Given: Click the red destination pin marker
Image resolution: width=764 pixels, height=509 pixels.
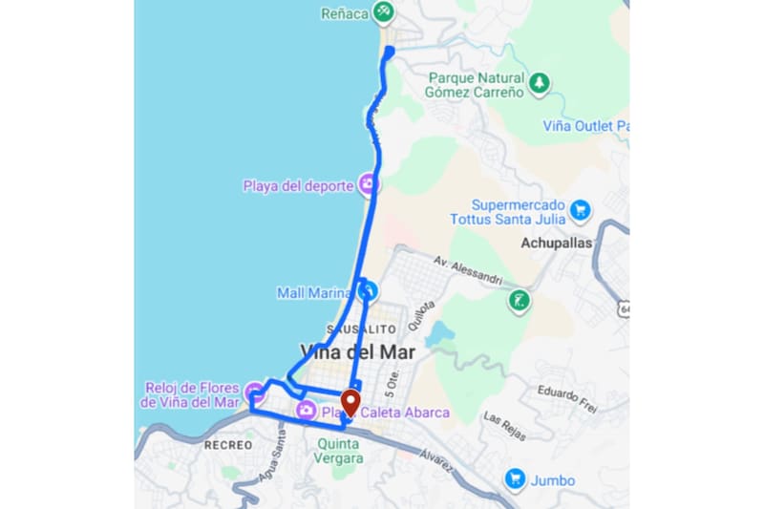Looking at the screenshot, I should tap(350, 403).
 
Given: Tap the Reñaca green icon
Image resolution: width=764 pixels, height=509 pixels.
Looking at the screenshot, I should tap(383, 12).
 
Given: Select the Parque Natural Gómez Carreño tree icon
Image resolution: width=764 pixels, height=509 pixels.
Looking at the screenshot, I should tap(540, 84).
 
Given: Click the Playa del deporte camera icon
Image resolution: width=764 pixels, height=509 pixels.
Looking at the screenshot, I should tap(368, 185).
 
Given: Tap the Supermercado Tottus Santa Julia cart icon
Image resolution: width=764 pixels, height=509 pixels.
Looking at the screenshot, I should tap(579, 209).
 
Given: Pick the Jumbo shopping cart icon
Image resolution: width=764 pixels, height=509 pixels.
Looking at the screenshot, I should tap(516, 478).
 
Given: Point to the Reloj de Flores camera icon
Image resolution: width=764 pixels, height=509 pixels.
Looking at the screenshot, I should tap(254, 392).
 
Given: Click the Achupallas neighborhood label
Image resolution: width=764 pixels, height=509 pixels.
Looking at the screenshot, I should tap(556, 243).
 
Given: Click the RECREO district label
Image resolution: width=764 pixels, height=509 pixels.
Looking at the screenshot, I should tap(228, 445).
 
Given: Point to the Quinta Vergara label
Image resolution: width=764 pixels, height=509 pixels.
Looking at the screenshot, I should tap(339, 450).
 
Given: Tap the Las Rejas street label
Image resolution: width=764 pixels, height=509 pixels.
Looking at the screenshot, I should tap(504, 425).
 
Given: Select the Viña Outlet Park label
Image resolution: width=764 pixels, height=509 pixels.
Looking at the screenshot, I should tap(585, 126).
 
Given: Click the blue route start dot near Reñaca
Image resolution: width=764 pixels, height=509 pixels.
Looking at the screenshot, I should tap(389, 51).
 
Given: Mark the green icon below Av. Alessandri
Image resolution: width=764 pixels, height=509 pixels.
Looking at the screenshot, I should tap(520, 302).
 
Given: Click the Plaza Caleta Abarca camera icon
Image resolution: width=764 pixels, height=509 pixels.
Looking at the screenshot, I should tap(307, 412).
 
